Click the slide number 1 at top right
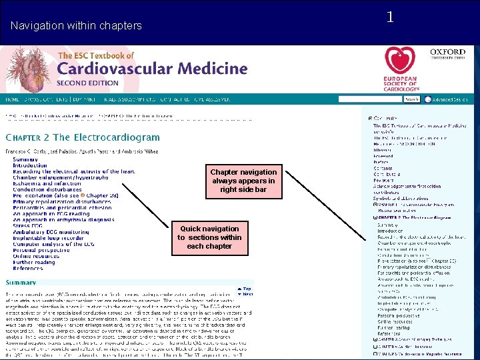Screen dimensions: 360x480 coord(390,17)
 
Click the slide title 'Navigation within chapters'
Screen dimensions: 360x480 coord(76,26)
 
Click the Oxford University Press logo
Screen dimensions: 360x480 coord(447,54)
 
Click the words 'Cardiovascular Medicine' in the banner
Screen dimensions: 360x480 coord(152,68)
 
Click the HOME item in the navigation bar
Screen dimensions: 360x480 coord(12,99)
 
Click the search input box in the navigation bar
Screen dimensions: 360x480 coord(370,99)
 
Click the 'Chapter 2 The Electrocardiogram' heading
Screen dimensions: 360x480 coord(83,138)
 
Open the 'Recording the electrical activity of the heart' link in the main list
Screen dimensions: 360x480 coord(73,171)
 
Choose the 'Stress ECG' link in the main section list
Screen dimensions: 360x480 coord(27,225)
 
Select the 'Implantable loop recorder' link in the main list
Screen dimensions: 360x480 coord(49,238)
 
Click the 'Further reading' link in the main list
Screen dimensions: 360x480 coord(34,262)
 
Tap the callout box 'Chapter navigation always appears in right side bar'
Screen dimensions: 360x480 coord(243,181)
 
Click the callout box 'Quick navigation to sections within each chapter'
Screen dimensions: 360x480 coord(209,237)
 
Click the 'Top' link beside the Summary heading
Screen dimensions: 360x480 coord(247,289)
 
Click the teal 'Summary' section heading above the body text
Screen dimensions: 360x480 coord(21,283)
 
